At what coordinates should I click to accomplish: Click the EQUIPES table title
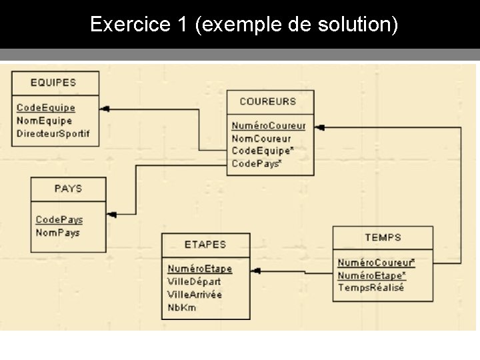[53, 83]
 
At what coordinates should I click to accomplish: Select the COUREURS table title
[267, 101]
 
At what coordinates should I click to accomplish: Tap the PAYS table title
[68, 189]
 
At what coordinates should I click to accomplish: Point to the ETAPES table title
[205, 244]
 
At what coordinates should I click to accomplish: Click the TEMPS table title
[383, 237]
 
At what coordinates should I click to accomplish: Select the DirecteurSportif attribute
[53, 133]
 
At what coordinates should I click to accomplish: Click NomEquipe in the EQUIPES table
[44, 121]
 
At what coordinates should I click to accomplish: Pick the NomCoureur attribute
[261, 139]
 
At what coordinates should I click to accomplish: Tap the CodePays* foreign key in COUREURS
[257, 163]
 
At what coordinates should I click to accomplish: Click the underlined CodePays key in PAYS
[59, 219]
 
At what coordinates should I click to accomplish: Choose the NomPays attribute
[57, 233]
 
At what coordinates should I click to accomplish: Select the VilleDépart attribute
[194, 281]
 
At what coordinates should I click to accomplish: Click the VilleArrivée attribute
[195, 294]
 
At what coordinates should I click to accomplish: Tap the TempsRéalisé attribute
[371, 287]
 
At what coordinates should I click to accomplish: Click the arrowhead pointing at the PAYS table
[111, 214]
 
